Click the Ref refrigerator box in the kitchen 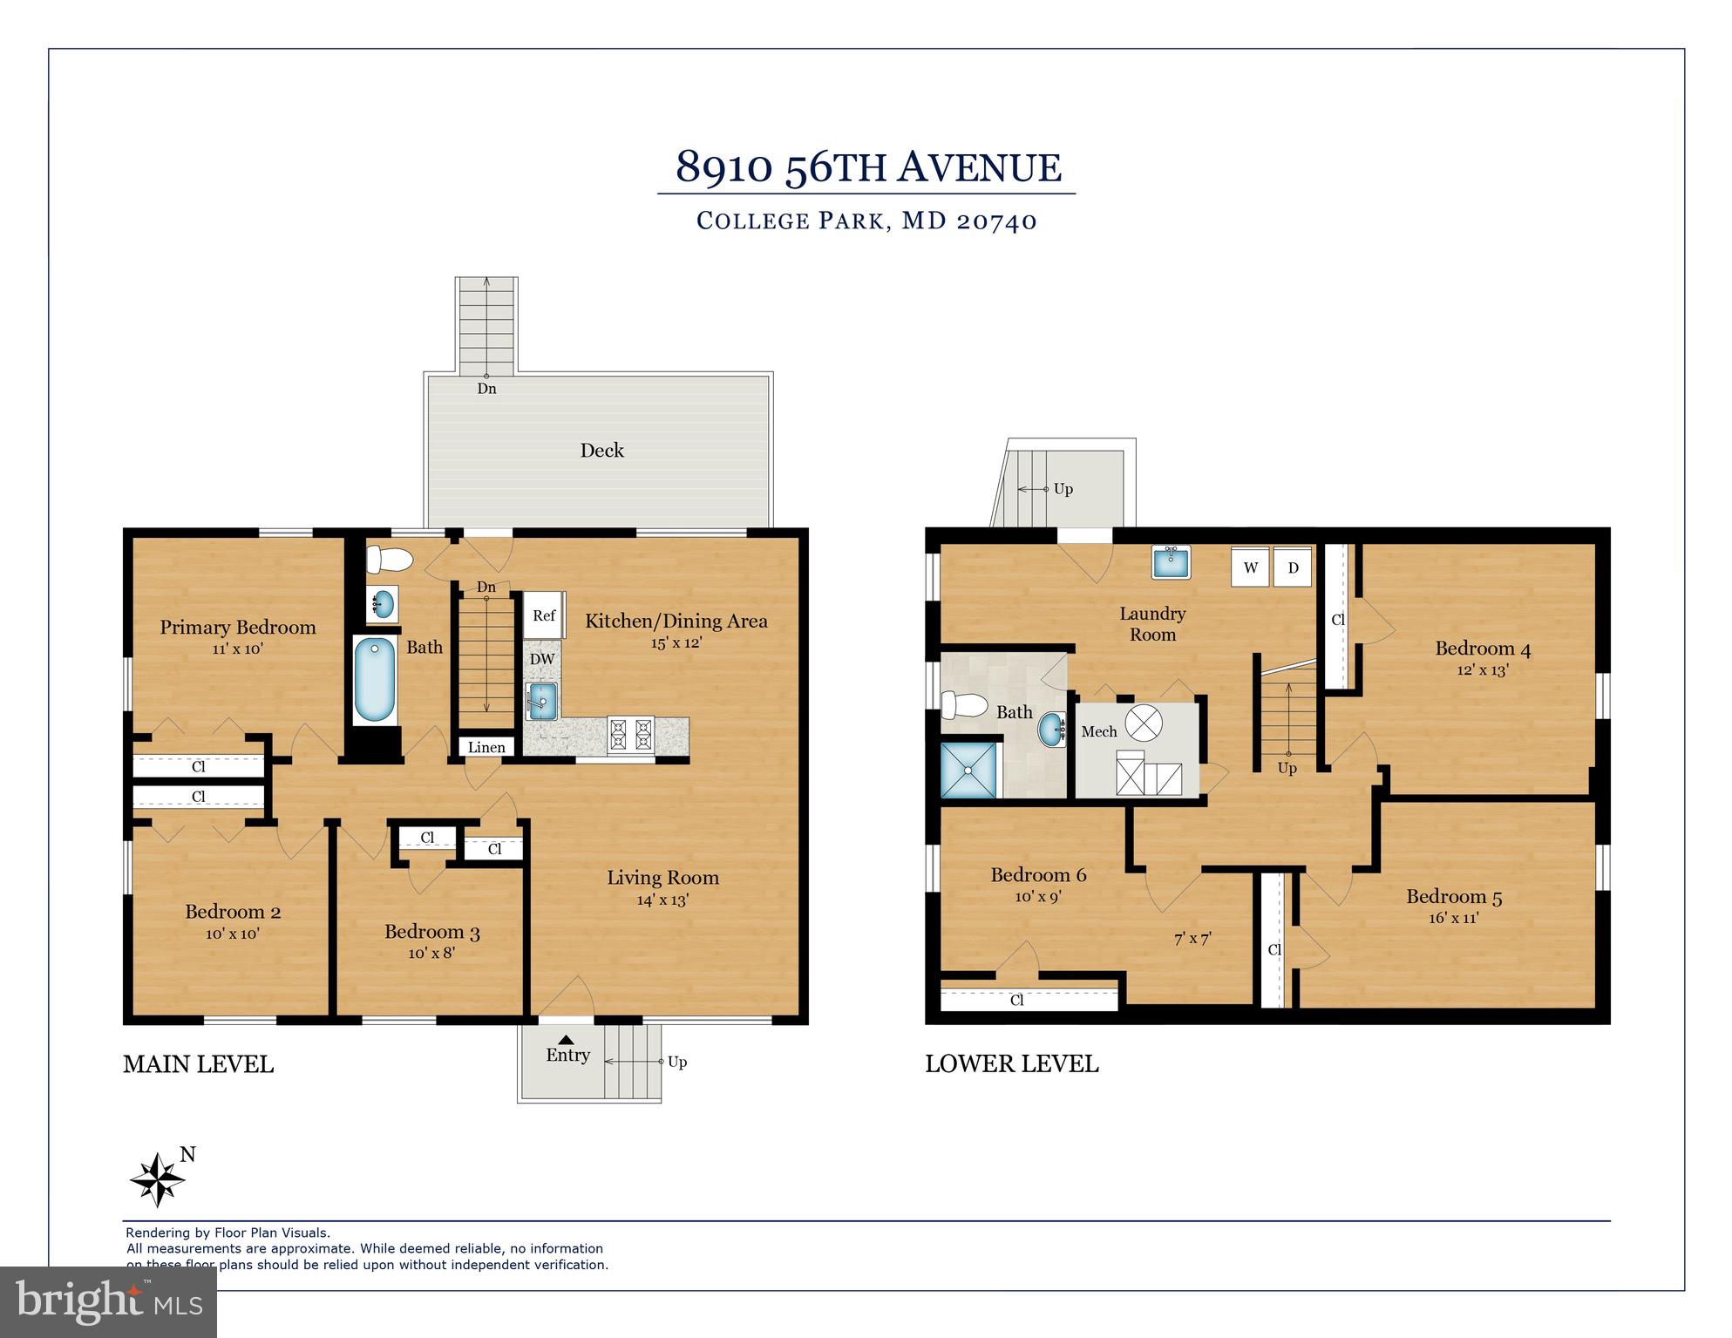[x=544, y=615]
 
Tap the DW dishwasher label [x=542, y=659]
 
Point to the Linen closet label [x=486, y=747]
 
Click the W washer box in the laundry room [x=1250, y=567]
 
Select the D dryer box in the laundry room [x=1293, y=567]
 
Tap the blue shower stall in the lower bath [x=968, y=770]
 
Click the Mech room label [x=1098, y=731]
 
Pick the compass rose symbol [x=158, y=1180]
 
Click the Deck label [x=602, y=451]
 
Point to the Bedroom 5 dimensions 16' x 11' [x=1453, y=918]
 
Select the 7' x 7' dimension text [x=1192, y=939]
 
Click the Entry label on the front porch [x=567, y=1055]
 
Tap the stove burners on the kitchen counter [x=630, y=734]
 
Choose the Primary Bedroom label [x=238, y=627]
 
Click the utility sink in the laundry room [x=1171, y=562]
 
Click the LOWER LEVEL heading [x=1011, y=1063]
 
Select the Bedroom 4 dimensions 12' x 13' [x=1482, y=670]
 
